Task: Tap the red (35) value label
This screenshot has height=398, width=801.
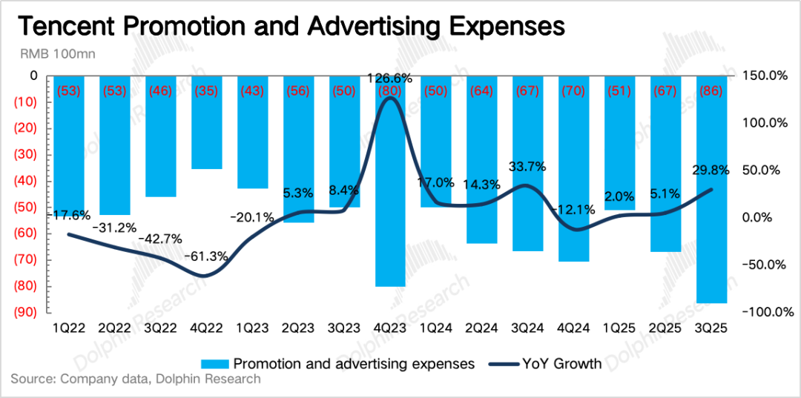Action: coord(206,91)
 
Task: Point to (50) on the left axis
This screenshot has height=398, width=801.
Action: coord(26,207)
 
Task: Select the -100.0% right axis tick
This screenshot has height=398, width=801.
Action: coord(761,312)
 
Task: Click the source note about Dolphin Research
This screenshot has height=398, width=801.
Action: coord(136,379)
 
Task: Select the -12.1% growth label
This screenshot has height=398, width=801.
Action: coord(573,210)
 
